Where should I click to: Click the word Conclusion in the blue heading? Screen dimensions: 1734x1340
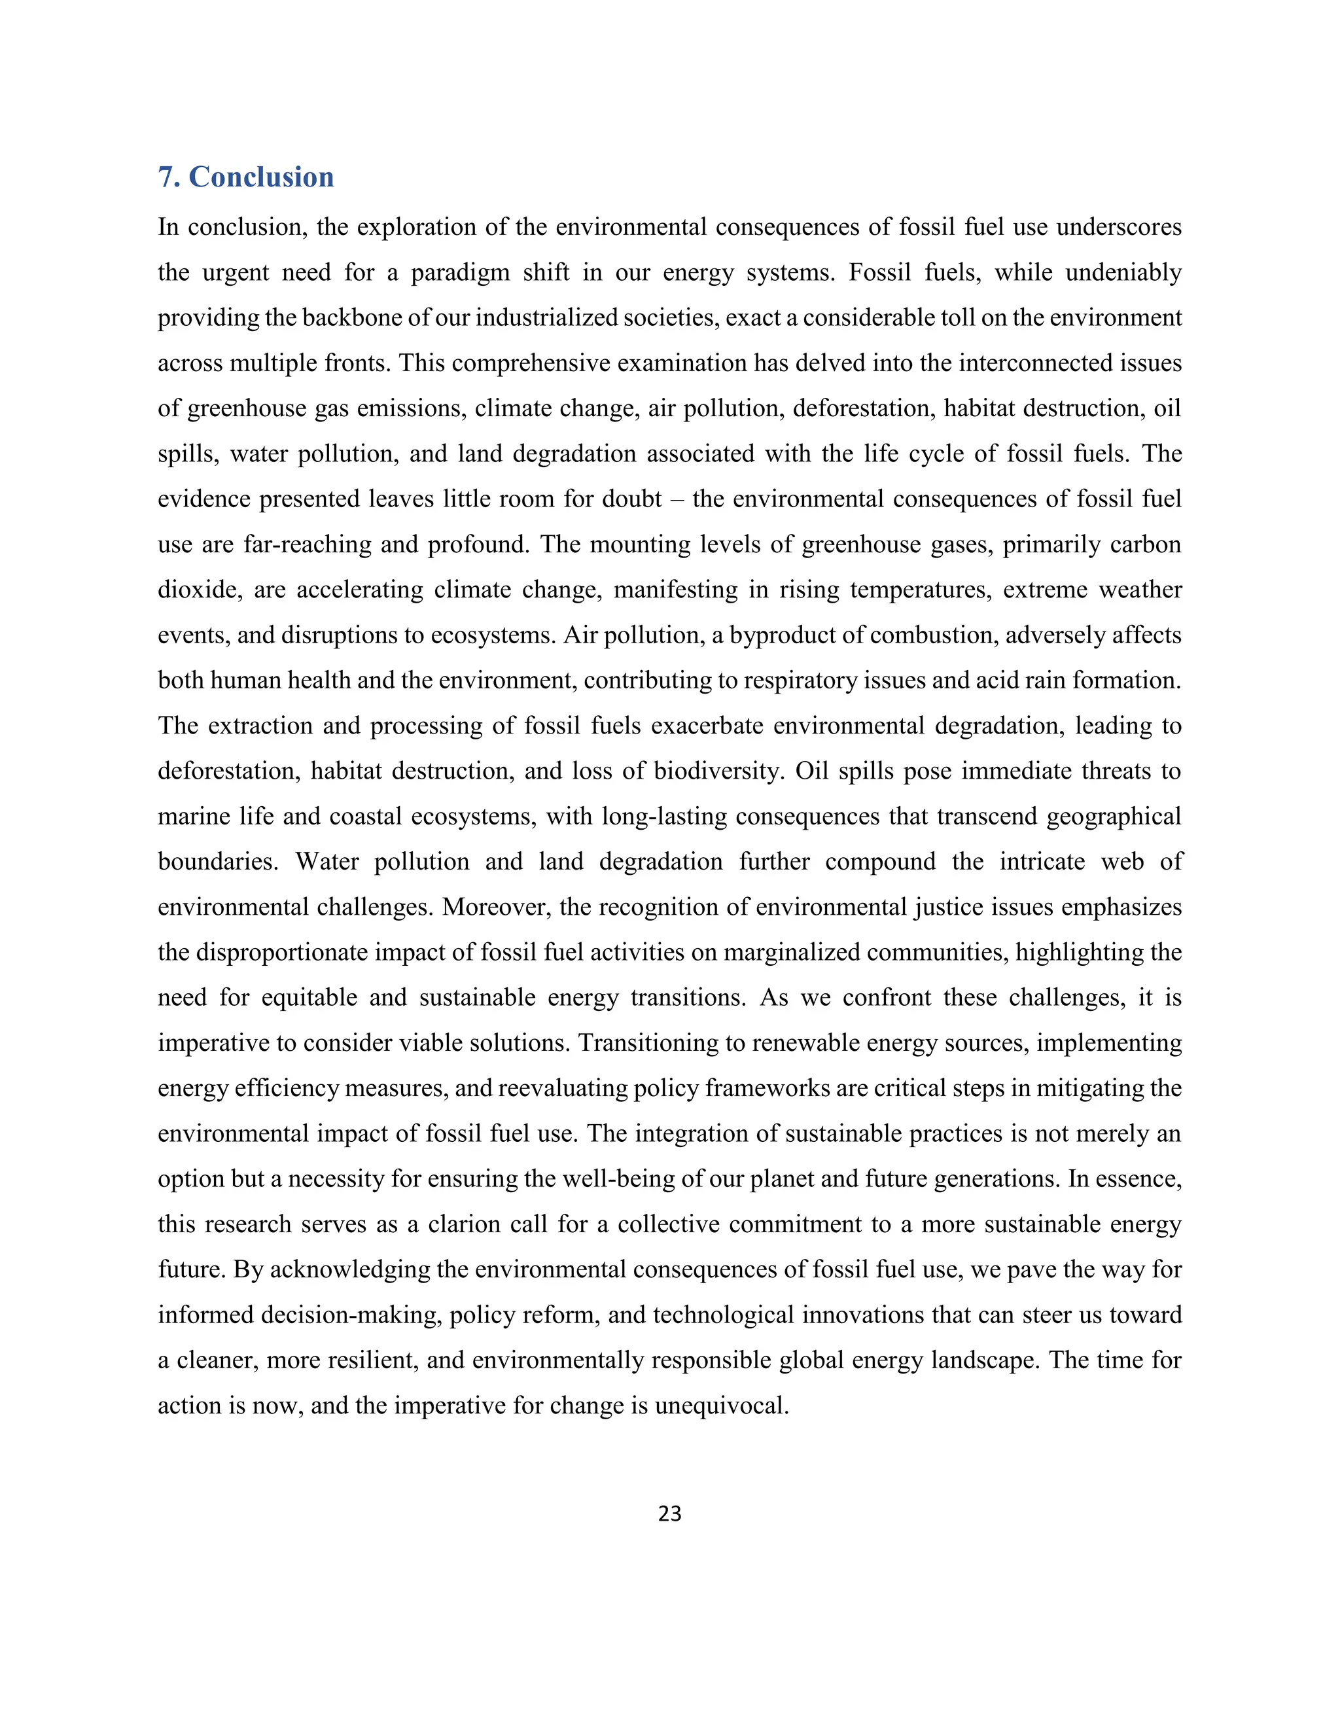[x=261, y=177]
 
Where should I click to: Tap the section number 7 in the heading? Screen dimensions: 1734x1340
[x=165, y=177]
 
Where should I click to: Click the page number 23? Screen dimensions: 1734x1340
[x=669, y=1513]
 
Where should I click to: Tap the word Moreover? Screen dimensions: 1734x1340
[x=496, y=907]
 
